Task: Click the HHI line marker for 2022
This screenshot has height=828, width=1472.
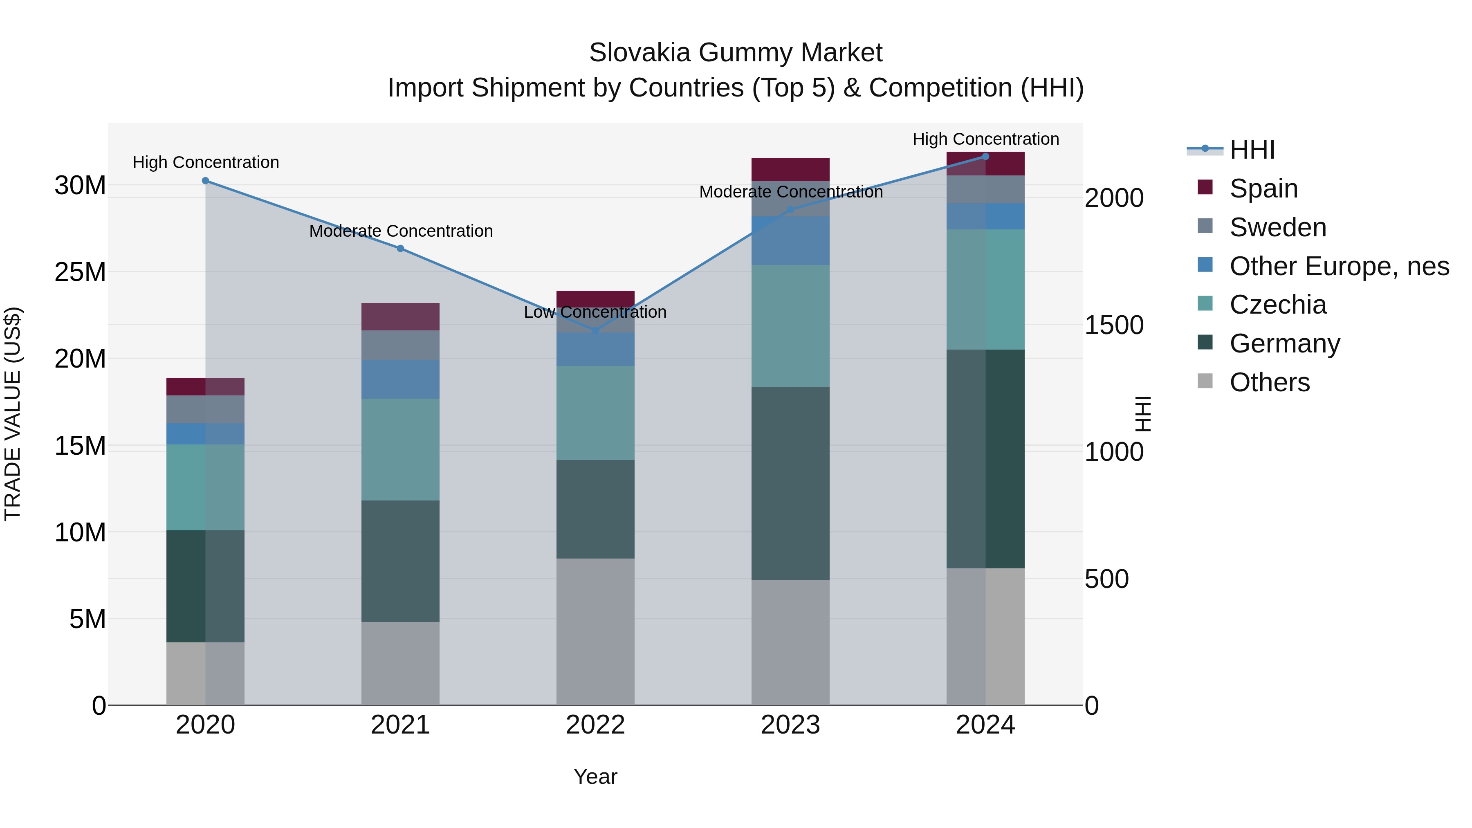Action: [595, 330]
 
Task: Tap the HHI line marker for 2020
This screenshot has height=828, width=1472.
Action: [206, 181]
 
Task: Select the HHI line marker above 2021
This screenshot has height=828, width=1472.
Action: [401, 249]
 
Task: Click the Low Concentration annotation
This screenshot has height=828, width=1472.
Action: [595, 312]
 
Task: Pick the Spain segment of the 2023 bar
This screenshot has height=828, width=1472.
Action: [790, 169]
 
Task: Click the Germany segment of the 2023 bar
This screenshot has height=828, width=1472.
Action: [790, 483]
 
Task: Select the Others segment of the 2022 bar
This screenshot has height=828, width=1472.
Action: [595, 631]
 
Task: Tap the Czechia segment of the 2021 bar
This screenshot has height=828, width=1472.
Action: [401, 449]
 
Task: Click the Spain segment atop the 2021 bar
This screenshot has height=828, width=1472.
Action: [401, 316]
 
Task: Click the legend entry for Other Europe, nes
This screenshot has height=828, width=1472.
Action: [1339, 266]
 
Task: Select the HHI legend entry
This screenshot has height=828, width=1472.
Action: [1252, 150]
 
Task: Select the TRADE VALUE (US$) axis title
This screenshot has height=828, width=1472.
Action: [13, 414]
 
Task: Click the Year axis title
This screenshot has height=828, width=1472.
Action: [595, 776]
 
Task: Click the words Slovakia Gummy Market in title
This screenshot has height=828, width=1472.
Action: [736, 53]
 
